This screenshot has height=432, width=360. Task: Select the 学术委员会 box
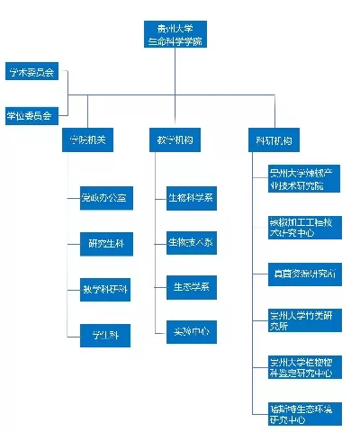[32, 72]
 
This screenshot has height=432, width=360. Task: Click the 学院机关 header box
[89, 141]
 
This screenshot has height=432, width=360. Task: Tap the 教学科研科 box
[104, 290]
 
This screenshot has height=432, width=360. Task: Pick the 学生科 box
[104, 336]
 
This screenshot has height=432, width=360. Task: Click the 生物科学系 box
[191, 197]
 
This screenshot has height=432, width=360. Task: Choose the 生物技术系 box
[191, 243]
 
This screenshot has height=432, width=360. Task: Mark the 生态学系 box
[191, 287]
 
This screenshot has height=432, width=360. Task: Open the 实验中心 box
[191, 332]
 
